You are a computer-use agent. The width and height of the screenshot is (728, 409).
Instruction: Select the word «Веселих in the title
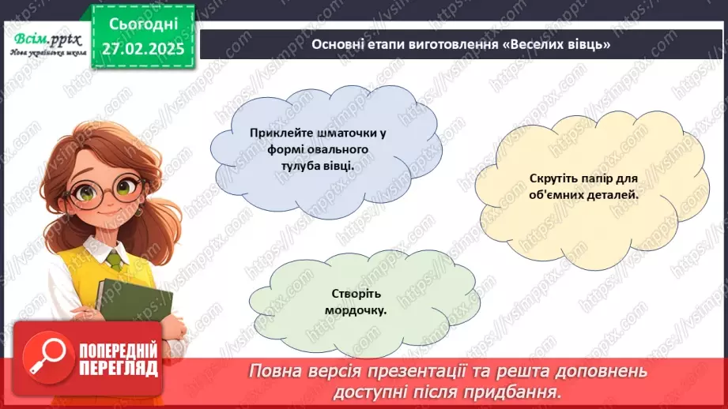tap(541, 44)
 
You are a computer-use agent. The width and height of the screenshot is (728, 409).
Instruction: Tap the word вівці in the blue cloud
tap(335, 167)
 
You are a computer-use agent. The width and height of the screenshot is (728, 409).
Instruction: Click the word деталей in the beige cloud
tap(610, 195)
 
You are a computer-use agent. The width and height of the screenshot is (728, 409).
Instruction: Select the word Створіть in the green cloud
tap(355, 295)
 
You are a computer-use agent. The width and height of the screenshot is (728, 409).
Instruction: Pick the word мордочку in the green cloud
tap(355, 310)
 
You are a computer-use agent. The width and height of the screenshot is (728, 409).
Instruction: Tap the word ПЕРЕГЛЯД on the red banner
tap(118, 370)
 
